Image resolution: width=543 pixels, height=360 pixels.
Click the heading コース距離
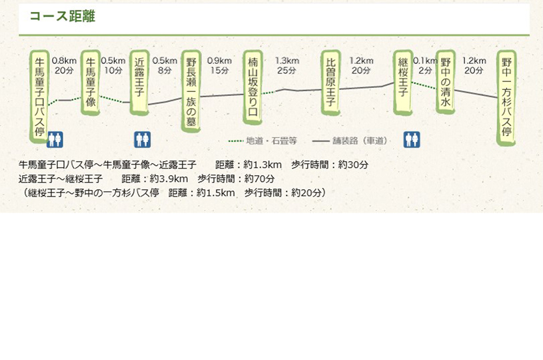point(63,16)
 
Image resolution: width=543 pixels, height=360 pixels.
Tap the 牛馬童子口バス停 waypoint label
point(39,97)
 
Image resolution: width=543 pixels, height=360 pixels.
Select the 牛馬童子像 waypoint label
point(91,83)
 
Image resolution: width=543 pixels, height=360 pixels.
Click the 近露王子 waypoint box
point(139,83)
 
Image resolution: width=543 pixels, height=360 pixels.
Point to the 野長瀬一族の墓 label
point(191,91)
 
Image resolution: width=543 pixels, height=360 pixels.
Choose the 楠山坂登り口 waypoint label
point(253,87)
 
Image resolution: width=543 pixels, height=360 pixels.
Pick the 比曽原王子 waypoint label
point(330,83)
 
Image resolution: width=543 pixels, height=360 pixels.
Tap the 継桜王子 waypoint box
point(402,83)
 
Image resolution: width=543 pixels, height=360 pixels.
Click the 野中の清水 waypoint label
point(445,82)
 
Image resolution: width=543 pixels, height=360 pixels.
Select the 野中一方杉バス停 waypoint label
point(506,98)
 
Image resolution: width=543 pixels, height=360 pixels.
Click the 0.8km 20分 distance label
point(64,65)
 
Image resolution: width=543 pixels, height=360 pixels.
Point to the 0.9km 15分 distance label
point(220,65)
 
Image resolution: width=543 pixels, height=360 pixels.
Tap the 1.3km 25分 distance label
point(287,65)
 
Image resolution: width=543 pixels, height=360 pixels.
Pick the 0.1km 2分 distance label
point(425,65)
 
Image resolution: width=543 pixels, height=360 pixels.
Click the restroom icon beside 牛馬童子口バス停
point(55,139)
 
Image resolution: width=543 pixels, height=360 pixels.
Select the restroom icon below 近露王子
point(143,139)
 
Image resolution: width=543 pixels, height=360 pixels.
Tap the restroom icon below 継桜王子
point(412,139)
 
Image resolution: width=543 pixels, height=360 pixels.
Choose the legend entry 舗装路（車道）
point(350,141)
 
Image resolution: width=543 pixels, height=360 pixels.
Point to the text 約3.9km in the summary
point(169,179)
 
